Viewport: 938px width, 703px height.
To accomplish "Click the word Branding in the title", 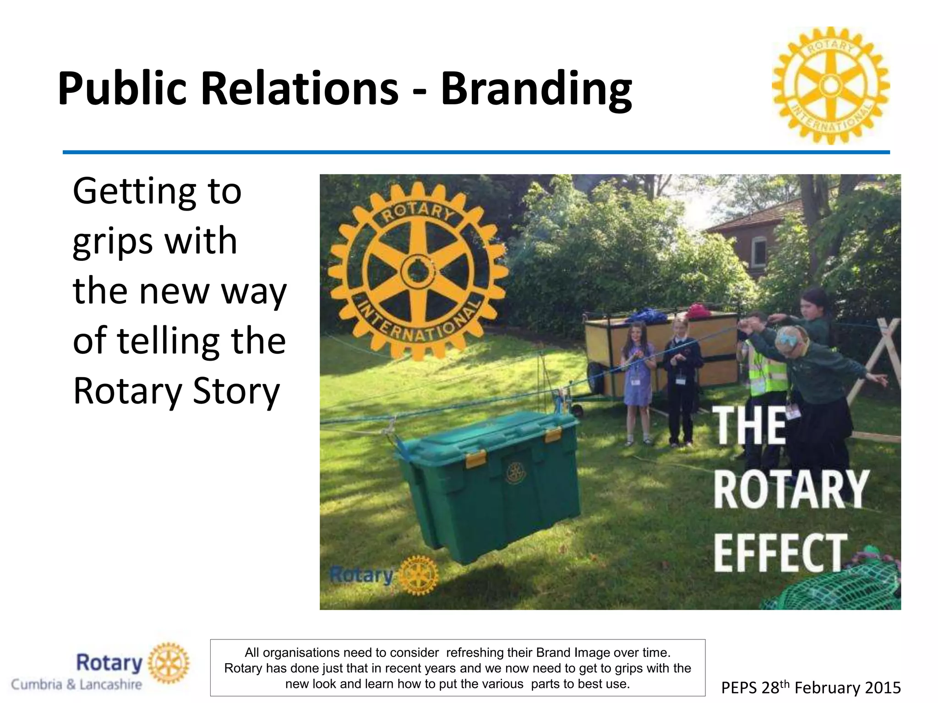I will [x=536, y=89].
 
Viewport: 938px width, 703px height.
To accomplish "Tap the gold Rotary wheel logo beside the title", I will [x=831, y=85].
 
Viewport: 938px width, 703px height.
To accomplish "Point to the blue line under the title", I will [x=476, y=152].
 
